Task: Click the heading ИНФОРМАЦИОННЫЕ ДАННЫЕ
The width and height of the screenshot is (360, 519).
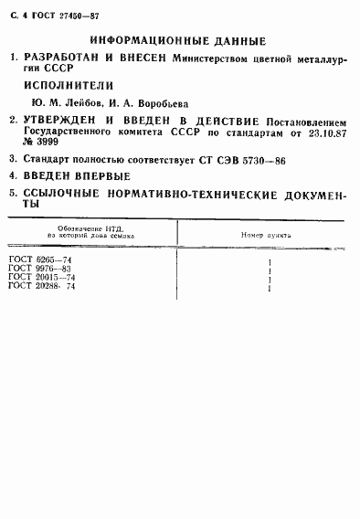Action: pos(179,42)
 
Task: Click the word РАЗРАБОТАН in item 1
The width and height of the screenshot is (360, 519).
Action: pos(60,59)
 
